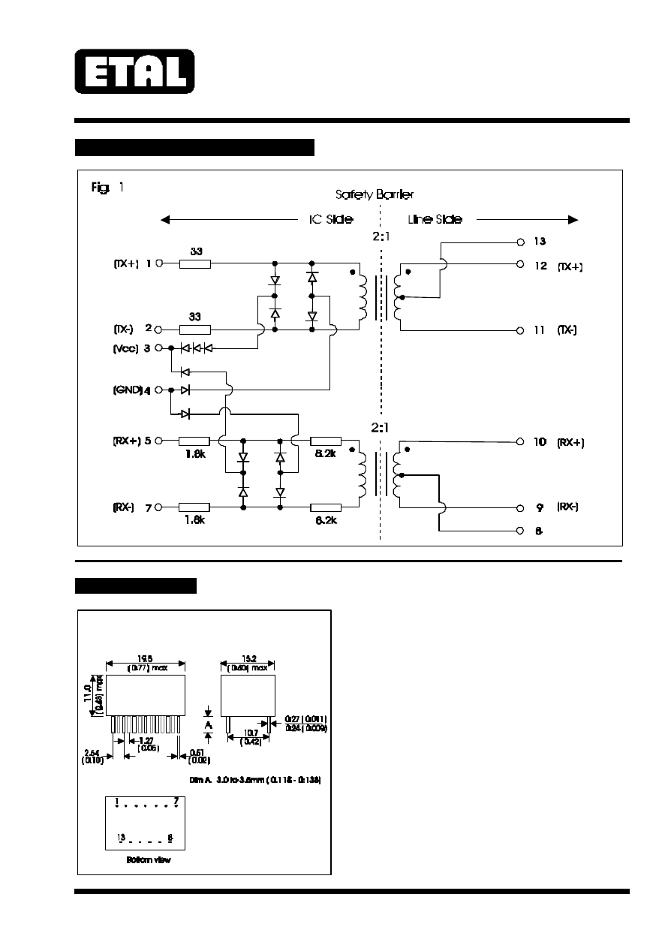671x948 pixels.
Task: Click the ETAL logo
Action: point(134,71)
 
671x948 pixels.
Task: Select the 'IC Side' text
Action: point(331,220)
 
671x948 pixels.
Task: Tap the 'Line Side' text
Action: point(435,220)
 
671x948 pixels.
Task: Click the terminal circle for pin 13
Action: point(520,242)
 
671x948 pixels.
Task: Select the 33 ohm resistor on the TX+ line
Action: point(195,263)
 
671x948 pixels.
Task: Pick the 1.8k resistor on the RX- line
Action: point(194,507)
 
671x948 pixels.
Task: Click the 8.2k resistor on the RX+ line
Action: point(325,441)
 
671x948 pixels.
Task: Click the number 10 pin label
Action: point(540,442)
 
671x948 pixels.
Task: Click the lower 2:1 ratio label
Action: point(382,427)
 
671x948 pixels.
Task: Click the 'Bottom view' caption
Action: point(149,860)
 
